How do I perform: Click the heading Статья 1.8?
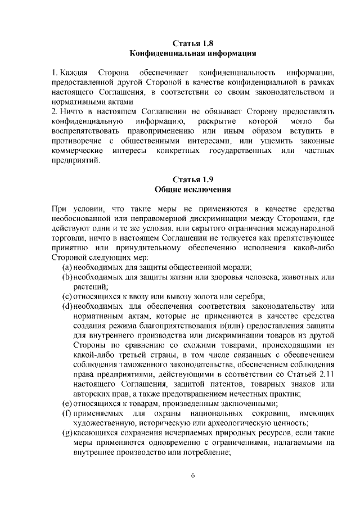coord(193,43)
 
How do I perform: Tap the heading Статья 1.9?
coord(193,180)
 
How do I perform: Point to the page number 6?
coord(193,476)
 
